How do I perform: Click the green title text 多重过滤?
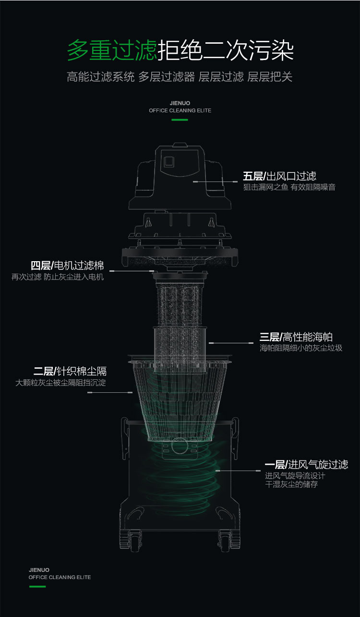coord(112,50)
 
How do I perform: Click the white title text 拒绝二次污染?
coord(226,50)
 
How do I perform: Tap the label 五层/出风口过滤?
coord(279,176)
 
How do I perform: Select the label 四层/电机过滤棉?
coord(67,266)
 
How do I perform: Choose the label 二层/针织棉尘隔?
coord(70,371)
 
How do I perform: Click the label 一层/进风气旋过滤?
coord(306,464)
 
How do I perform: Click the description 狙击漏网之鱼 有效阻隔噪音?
coord(289,187)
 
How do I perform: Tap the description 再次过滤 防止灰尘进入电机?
coord(58,277)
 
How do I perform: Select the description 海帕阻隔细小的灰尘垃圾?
coord(301,348)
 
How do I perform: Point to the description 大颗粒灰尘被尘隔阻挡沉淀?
coord(60,383)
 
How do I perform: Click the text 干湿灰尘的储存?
coord(291,484)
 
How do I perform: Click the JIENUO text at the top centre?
coord(180,103)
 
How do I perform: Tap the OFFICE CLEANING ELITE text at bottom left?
coord(60,577)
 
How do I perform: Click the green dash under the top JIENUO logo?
coord(180,120)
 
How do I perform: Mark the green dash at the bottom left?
coord(37,586)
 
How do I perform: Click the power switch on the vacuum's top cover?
coord(168,162)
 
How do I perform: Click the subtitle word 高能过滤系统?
coord(101,77)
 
